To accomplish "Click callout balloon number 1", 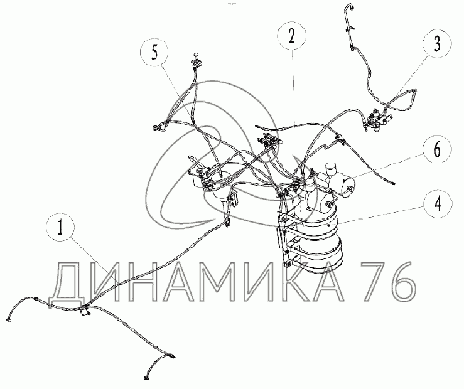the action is pyautogui.click(x=61, y=228).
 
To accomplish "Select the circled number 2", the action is pyautogui.click(x=292, y=36).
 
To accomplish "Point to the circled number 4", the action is pyautogui.click(x=438, y=204).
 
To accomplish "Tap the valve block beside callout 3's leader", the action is pyautogui.click(x=376, y=120).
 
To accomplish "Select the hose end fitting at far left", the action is pyautogui.click(x=8, y=319).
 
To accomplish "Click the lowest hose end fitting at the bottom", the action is pyautogui.click(x=147, y=378).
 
